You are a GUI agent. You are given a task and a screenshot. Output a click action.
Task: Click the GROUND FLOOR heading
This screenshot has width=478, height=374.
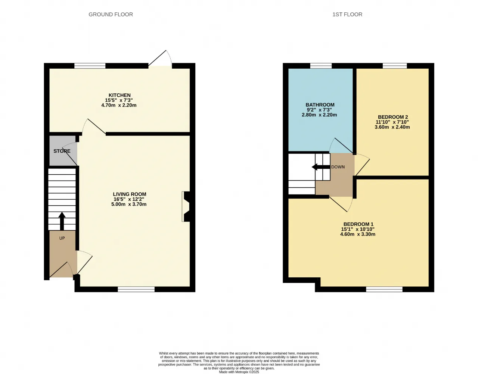(x=111, y=15)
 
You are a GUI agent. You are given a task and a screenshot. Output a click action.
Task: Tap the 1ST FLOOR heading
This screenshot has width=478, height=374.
(x=347, y=15)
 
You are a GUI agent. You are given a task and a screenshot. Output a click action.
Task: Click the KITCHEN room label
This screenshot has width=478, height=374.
(x=119, y=95)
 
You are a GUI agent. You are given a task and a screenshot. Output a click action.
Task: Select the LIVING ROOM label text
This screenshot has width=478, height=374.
(x=130, y=194)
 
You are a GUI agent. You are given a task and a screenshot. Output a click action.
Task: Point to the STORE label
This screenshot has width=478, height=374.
(x=62, y=151)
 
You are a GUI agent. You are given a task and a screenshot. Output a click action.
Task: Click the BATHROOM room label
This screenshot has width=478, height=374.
(x=320, y=105)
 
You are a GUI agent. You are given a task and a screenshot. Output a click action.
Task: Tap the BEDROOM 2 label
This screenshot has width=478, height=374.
(x=393, y=117)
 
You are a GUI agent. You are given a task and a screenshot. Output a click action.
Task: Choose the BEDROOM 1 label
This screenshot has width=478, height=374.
(x=358, y=224)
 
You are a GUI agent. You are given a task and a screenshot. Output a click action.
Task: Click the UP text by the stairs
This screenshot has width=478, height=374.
(x=62, y=238)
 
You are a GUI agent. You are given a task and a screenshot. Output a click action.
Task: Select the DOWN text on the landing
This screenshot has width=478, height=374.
(x=338, y=167)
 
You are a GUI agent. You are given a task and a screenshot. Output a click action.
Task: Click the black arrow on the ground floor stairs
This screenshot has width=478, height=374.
(x=62, y=221)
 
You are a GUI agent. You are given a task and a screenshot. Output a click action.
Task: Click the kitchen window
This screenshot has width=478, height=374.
(x=90, y=66)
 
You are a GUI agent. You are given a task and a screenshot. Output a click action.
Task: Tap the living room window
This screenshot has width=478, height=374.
(x=136, y=289)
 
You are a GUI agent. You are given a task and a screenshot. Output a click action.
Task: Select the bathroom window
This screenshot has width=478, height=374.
(x=321, y=66)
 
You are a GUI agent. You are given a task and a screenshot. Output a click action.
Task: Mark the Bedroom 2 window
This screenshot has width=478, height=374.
(x=395, y=66)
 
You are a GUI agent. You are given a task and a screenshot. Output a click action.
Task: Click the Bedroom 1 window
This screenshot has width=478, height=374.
(x=384, y=289)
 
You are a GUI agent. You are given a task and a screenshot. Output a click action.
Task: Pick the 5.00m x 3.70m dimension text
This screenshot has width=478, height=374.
(x=129, y=204)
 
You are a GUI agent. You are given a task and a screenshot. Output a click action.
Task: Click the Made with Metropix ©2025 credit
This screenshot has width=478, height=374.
(x=239, y=372)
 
